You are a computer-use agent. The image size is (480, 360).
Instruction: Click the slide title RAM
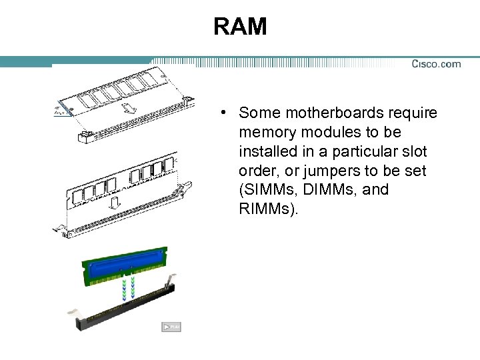pyautogui.click(x=240, y=27)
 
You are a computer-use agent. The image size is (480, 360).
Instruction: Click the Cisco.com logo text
pyautogui.click(x=436, y=64)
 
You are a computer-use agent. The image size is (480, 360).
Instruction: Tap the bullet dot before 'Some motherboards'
pyautogui.click(x=227, y=113)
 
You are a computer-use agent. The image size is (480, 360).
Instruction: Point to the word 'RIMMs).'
pyautogui.click(x=269, y=209)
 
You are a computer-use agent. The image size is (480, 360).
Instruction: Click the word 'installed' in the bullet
pyautogui.click(x=265, y=151)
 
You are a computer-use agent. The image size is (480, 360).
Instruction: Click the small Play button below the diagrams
pyautogui.click(x=171, y=327)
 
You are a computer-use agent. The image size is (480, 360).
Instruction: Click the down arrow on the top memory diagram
pyautogui.click(x=129, y=107)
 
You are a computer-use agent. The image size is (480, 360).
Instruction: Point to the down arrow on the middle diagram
pyautogui.click(x=115, y=201)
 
